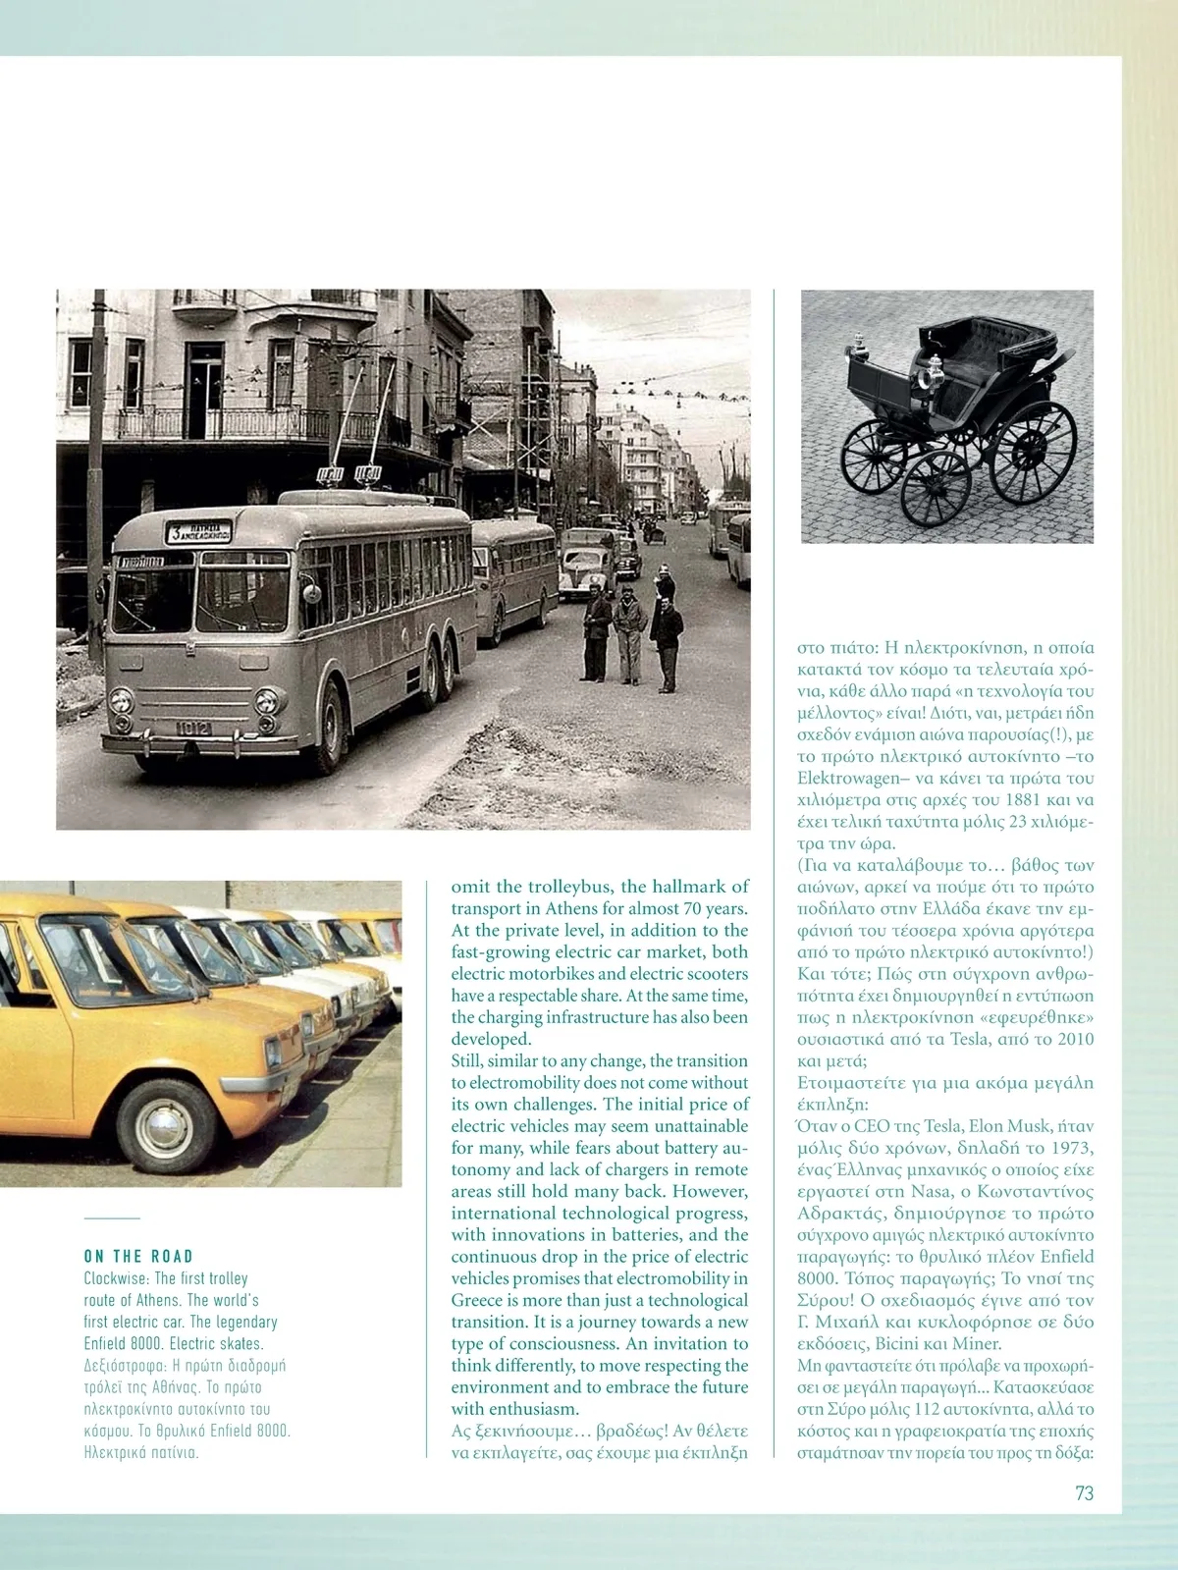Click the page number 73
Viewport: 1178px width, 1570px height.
(1084, 1492)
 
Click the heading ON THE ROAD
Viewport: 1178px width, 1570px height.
(138, 1256)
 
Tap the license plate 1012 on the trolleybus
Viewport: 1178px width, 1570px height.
(192, 728)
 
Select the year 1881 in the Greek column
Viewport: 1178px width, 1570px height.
(1022, 799)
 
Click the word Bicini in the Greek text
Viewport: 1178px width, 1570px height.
(898, 1343)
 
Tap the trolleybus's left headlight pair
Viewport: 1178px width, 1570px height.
(122, 700)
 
